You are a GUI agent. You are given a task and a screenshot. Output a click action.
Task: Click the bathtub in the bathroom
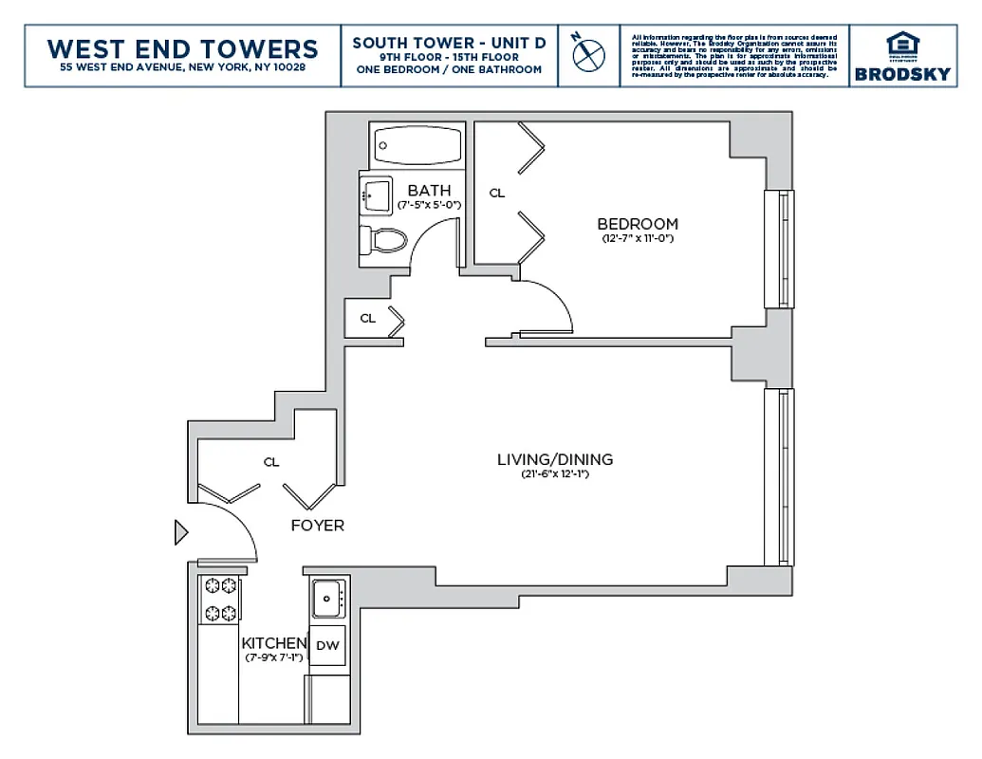pyautogui.click(x=418, y=146)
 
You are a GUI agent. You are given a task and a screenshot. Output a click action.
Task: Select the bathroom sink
pyautogui.click(x=377, y=195)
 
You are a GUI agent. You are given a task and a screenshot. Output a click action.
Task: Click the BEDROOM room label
pyautogui.click(x=637, y=224)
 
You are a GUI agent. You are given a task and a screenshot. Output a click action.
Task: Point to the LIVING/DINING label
pyautogui.click(x=555, y=459)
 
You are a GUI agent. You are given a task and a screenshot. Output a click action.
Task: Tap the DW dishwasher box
pyautogui.click(x=327, y=646)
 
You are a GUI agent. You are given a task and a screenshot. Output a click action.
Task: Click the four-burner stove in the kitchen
pyautogui.click(x=219, y=600)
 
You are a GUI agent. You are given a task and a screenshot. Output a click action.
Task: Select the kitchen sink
pyautogui.click(x=327, y=598)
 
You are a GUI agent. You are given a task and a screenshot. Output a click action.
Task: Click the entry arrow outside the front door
pyautogui.click(x=181, y=533)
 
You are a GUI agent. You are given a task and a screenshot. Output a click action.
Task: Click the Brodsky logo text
pyautogui.click(x=901, y=74)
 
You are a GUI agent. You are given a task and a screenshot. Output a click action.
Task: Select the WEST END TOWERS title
pyautogui.click(x=182, y=48)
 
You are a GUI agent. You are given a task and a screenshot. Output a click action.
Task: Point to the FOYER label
pyautogui.click(x=317, y=525)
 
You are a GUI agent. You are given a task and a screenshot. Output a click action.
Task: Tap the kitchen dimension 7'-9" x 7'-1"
pyautogui.click(x=273, y=657)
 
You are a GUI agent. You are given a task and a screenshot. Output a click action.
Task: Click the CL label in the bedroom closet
pyautogui.click(x=496, y=193)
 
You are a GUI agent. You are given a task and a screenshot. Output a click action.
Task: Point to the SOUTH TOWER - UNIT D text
pyautogui.click(x=449, y=43)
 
